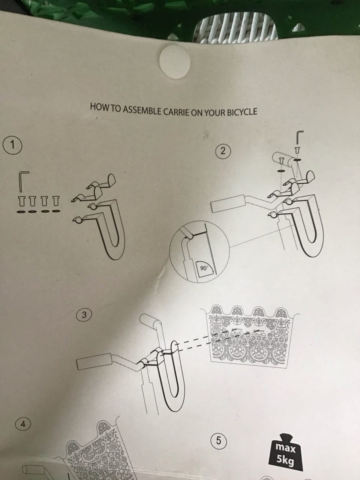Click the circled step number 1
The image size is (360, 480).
click(x=12, y=145)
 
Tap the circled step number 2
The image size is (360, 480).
click(x=223, y=151)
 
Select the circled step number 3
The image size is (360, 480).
click(x=84, y=315)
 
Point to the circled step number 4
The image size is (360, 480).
click(x=23, y=424)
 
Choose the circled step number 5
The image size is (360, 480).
click(x=219, y=440)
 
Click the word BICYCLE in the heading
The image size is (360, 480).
click(x=242, y=112)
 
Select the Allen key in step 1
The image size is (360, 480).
click(x=23, y=181)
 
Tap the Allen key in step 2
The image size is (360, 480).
click(x=299, y=138)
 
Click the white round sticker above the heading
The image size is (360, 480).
click(x=175, y=61)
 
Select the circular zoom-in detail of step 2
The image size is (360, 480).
click(x=199, y=252)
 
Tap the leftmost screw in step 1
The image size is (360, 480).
click(x=21, y=201)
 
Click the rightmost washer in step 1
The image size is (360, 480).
click(x=56, y=211)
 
